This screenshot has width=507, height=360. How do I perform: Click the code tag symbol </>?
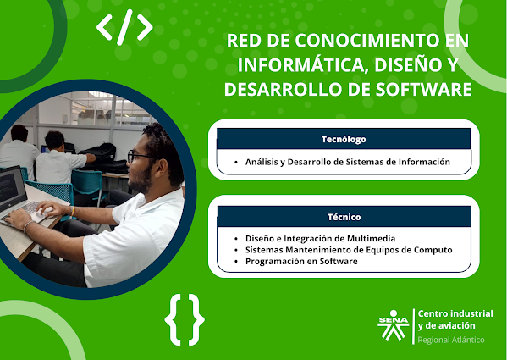(x=124, y=27)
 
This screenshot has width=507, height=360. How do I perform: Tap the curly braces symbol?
(x=185, y=319)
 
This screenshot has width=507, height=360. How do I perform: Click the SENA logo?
(x=394, y=325)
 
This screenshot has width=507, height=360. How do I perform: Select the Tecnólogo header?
(x=344, y=139)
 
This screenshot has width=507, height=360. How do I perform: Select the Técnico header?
(x=344, y=217)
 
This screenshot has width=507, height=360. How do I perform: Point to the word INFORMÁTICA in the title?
(x=303, y=64)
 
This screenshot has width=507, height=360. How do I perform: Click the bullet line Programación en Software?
(x=301, y=261)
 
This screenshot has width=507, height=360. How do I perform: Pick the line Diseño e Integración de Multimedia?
(x=320, y=238)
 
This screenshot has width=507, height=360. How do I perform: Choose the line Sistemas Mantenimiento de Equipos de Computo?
(x=349, y=250)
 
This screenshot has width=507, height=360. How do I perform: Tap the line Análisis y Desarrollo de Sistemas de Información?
(x=348, y=162)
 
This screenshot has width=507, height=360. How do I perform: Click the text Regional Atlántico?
(x=451, y=340)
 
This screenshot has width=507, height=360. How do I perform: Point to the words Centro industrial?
(x=455, y=313)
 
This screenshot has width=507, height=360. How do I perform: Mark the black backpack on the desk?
(x=99, y=153)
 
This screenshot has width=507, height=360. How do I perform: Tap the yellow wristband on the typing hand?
(x=73, y=211)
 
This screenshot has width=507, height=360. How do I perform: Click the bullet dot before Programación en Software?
(x=236, y=262)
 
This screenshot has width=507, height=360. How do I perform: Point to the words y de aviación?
(x=446, y=325)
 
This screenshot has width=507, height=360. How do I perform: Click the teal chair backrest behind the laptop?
(x=50, y=191)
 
